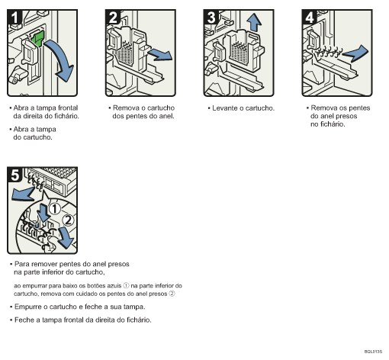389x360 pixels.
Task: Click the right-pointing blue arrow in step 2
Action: coord(159,53)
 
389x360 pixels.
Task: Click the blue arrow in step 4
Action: coord(358,51)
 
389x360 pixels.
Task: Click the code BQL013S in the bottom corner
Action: coord(373,352)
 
